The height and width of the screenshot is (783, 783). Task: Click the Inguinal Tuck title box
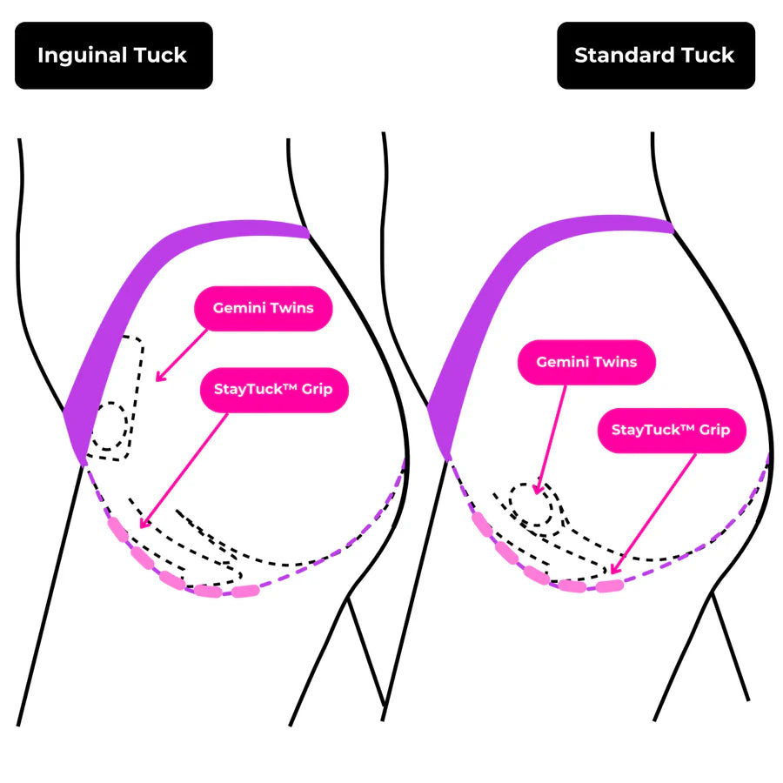point(113,56)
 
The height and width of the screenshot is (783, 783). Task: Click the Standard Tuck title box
point(655,56)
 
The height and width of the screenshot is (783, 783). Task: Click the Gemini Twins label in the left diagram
point(263,308)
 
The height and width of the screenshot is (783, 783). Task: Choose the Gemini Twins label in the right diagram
point(586,362)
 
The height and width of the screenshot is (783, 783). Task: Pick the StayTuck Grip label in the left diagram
point(273,389)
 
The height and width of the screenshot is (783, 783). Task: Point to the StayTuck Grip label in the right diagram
point(671,430)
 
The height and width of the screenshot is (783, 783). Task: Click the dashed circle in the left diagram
point(111,426)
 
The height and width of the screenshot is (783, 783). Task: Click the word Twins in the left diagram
point(291,308)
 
